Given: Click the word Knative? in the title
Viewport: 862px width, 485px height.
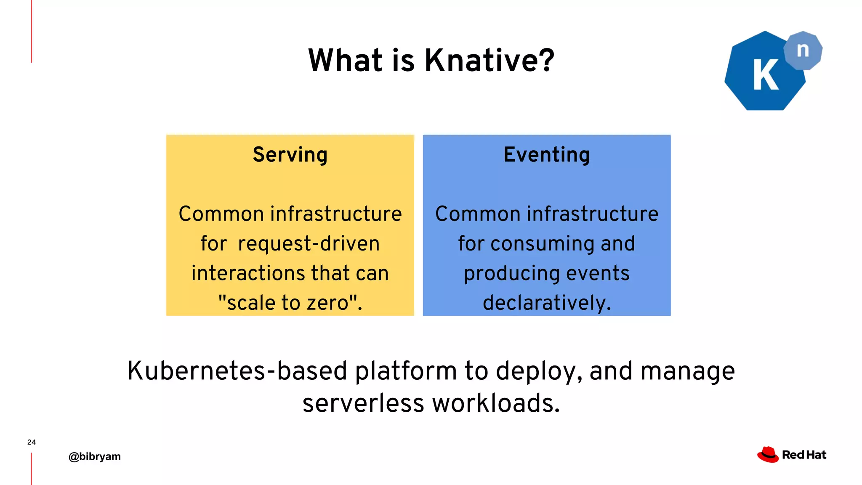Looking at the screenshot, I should (489, 60).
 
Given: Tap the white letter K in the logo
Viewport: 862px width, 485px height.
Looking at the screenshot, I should (765, 75).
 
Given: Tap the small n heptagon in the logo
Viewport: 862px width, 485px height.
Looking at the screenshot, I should (803, 50).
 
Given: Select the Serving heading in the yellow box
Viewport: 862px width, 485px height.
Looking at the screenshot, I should (290, 155).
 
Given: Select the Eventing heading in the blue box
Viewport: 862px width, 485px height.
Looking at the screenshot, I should (546, 155).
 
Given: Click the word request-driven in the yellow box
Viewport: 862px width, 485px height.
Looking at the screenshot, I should (309, 244).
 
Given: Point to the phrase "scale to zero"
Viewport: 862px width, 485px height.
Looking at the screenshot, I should (290, 303).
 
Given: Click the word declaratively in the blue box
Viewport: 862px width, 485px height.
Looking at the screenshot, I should (545, 303).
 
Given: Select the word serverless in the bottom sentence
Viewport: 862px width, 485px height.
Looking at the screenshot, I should (363, 403).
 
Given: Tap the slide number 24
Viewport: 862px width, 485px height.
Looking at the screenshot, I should (32, 442).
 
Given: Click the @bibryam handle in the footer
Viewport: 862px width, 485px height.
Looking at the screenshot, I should (95, 456).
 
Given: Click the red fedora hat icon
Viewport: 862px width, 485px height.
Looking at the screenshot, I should (768, 455).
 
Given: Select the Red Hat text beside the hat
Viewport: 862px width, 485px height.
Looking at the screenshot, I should (804, 455).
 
